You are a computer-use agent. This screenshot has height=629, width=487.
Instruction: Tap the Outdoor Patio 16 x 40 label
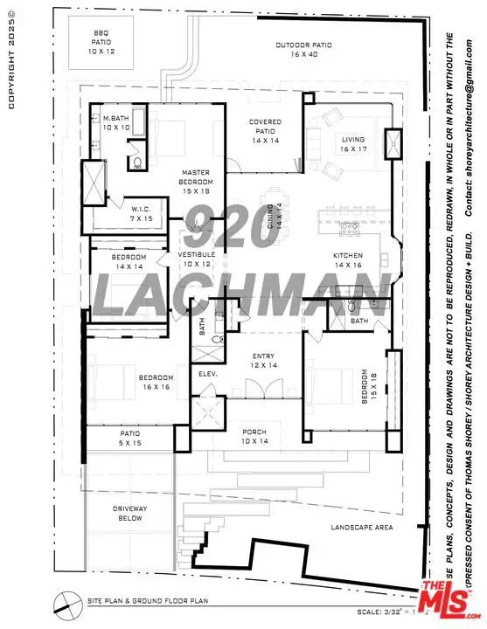(300, 49)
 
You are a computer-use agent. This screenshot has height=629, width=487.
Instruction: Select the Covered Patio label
(264, 131)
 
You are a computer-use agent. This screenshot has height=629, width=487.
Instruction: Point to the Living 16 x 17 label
(353, 144)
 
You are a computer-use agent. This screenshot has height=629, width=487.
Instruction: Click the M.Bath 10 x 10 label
(115, 123)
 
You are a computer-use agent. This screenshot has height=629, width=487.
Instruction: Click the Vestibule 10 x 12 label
(197, 259)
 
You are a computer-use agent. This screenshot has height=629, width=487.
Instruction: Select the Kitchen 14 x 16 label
(347, 259)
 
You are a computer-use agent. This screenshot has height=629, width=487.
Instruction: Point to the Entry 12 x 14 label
(264, 361)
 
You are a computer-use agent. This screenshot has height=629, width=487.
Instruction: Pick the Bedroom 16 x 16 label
(154, 382)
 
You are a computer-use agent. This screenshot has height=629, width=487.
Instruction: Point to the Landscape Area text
(361, 527)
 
